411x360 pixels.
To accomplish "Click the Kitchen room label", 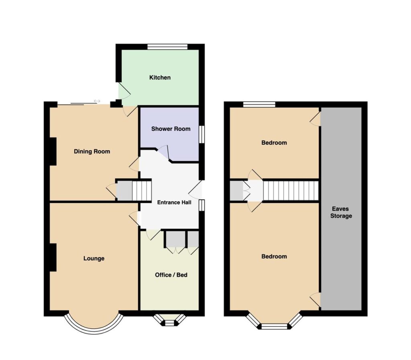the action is click(x=160, y=78).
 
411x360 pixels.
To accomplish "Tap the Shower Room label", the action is click(x=171, y=129).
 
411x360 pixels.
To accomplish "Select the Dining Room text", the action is click(x=92, y=151).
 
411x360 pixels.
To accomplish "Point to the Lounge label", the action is click(x=94, y=258).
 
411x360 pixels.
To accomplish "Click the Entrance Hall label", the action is click(x=174, y=202).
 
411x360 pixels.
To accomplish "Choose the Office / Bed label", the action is click(x=171, y=275).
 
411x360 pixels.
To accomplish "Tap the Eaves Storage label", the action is click(x=341, y=212).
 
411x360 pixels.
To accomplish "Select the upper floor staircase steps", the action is click(x=291, y=191).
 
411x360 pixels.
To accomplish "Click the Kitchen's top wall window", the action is click(x=167, y=47).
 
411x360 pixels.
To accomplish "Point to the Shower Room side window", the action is click(x=201, y=135).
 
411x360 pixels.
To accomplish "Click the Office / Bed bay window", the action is click(x=170, y=320).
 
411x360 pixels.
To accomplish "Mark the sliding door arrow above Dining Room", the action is click(x=97, y=101).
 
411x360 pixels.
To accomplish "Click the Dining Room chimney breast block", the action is click(x=53, y=151).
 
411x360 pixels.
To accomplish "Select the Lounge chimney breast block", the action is click(x=53, y=258).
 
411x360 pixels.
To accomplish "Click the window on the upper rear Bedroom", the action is click(x=259, y=104).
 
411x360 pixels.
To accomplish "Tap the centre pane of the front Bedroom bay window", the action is click(x=275, y=326).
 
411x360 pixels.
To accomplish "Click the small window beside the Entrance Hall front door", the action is click(x=201, y=205).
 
